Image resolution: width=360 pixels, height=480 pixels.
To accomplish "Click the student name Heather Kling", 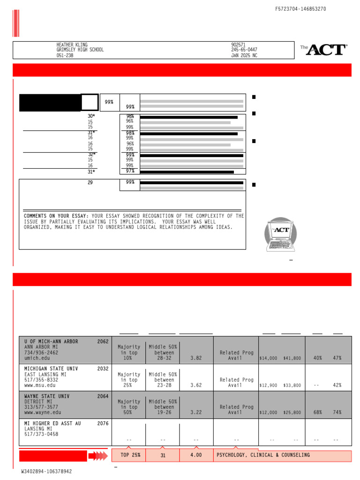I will click(72, 45).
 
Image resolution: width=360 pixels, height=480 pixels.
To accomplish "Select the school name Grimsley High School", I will click(80, 50).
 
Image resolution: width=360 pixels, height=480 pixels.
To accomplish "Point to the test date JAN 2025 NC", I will click(244, 56).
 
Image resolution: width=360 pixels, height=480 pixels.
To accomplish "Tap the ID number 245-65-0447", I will click(244, 50).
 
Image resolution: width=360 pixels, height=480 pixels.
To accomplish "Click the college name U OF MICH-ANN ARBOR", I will click(51, 342).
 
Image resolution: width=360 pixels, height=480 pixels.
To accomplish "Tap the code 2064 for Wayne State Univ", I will click(103, 397).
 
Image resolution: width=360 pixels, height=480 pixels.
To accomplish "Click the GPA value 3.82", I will click(196, 358).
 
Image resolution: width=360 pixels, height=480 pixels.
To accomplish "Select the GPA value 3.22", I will click(196, 412).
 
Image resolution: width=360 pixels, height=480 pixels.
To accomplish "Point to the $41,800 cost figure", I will click(292, 359).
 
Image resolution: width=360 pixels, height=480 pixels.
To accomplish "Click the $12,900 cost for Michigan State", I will click(268, 386).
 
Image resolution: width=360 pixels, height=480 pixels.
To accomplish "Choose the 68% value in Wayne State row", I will click(317, 412).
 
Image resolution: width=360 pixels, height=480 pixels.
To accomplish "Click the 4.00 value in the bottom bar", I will click(196, 455).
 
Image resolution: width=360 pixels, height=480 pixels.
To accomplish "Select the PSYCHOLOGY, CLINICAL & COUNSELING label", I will click(263, 455).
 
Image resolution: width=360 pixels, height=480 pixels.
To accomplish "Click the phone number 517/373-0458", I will click(41, 435).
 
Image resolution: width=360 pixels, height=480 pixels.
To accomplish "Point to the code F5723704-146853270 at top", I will click(300, 9).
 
